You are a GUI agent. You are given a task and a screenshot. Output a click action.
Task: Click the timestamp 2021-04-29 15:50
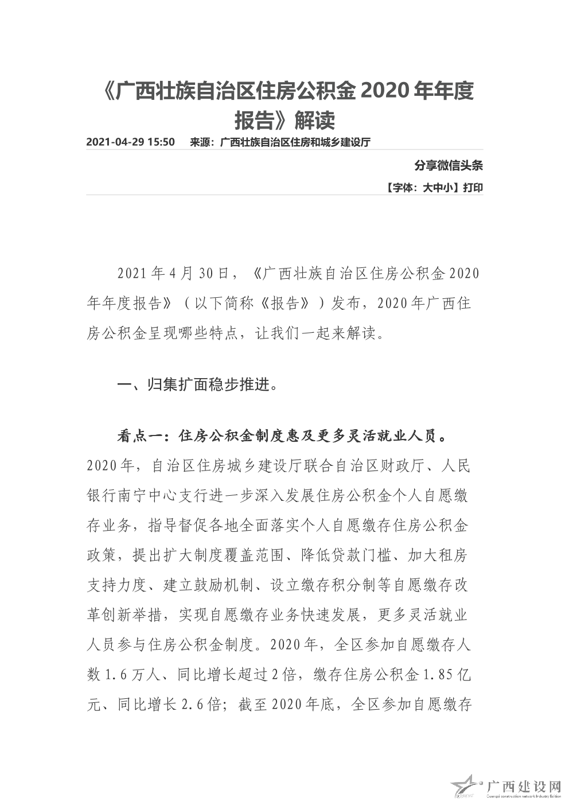point(130,142)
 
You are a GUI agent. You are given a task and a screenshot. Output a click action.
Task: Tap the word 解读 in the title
point(314,120)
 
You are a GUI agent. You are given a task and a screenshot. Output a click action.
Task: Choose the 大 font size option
point(427,188)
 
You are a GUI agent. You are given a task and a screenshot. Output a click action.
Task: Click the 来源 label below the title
point(199,142)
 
